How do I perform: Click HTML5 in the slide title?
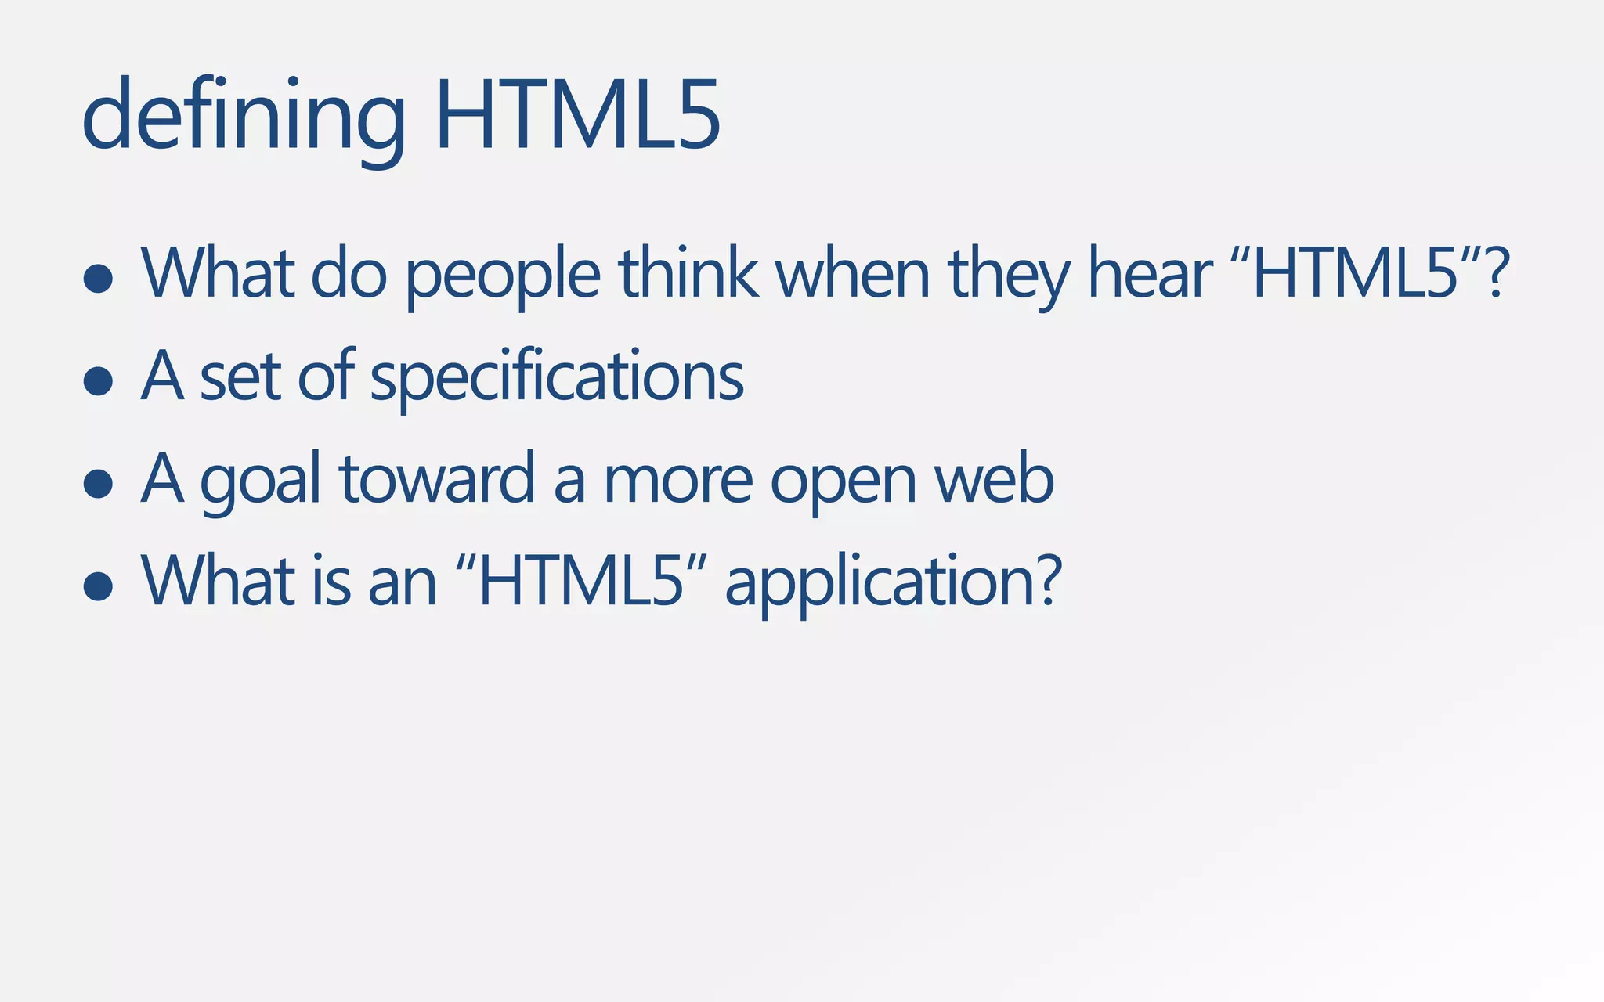pos(576,116)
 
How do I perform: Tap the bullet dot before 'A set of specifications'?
pos(98,381)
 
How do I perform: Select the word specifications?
pos(556,377)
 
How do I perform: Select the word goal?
pos(260,481)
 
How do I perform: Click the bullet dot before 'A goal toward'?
pos(98,484)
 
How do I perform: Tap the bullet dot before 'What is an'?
pos(98,586)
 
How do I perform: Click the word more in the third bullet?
pos(678,481)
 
